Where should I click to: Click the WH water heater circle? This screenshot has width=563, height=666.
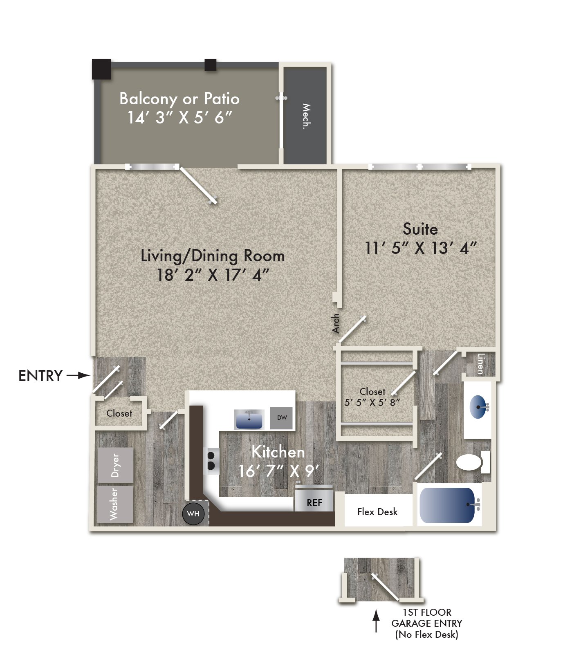pyautogui.click(x=193, y=514)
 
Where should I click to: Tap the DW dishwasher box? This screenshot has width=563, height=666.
pyautogui.click(x=282, y=418)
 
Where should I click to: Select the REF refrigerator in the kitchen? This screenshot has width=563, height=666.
pyautogui.click(x=314, y=502)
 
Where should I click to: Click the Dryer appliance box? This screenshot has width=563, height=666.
pyautogui.click(x=115, y=465)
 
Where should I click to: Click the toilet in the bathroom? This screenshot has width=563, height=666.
pyautogui.click(x=469, y=463)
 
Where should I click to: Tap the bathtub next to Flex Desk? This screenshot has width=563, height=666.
pyautogui.click(x=447, y=505)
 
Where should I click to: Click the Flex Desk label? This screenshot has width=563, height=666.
pyautogui.click(x=377, y=512)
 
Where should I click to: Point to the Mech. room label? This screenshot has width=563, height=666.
pyautogui.click(x=306, y=116)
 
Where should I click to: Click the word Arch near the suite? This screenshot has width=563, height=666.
pyautogui.click(x=335, y=323)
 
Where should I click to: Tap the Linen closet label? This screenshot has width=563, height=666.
pyautogui.click(x=481, y=363)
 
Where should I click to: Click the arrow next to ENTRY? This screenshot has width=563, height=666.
pyautogui.click(x=79, y=375)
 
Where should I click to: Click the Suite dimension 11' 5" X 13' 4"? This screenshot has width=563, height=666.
pyautogui.click(x=420, y=248)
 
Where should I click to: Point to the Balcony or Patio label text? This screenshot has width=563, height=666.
pyautogui.click(x=179, y=99)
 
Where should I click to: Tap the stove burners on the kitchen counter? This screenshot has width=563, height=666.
pyautogui.click(x=211, y=460)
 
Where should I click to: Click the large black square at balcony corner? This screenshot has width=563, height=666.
pyautogui.click(x=101, y=69)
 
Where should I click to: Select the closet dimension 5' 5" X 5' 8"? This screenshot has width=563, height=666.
pyautogui.click(x=372, y=402)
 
